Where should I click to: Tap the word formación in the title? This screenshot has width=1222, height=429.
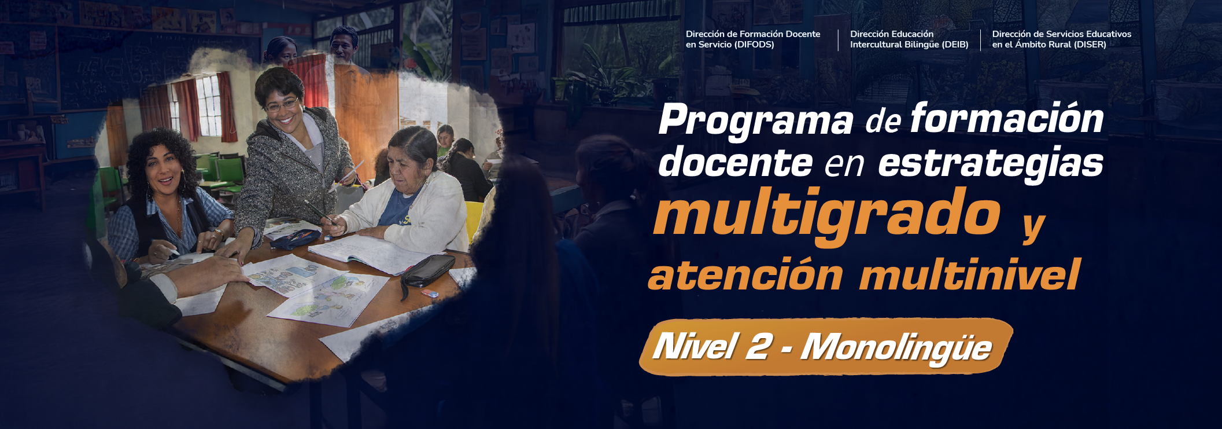[x=1007, y=118]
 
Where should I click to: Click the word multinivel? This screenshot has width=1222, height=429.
[x=970, y=274]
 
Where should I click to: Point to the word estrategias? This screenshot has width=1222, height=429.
[x=991, y=163]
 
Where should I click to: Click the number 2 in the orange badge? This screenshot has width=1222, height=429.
[x=759, y=346]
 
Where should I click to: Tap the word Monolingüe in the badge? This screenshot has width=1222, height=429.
[x=896, y=348]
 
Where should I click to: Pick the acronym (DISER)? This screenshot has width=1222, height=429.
[x=1087, y=45]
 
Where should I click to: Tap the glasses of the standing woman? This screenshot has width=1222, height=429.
[x=282, y=106]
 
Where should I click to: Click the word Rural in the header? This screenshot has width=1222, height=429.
[x=1055, y=45]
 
